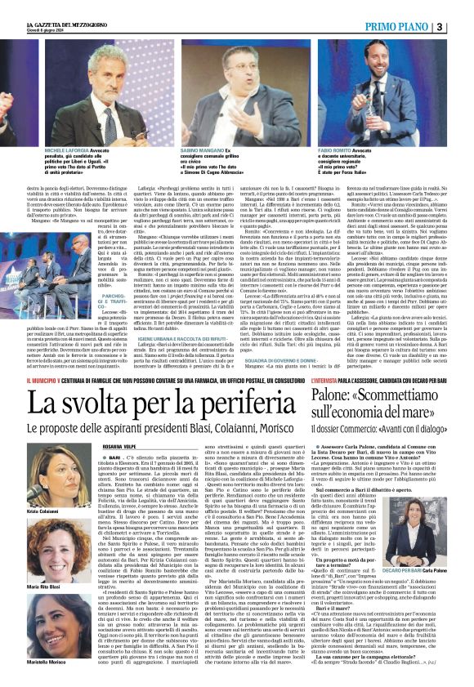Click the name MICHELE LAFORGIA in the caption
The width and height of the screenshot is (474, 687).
click(x=65, y=152)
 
